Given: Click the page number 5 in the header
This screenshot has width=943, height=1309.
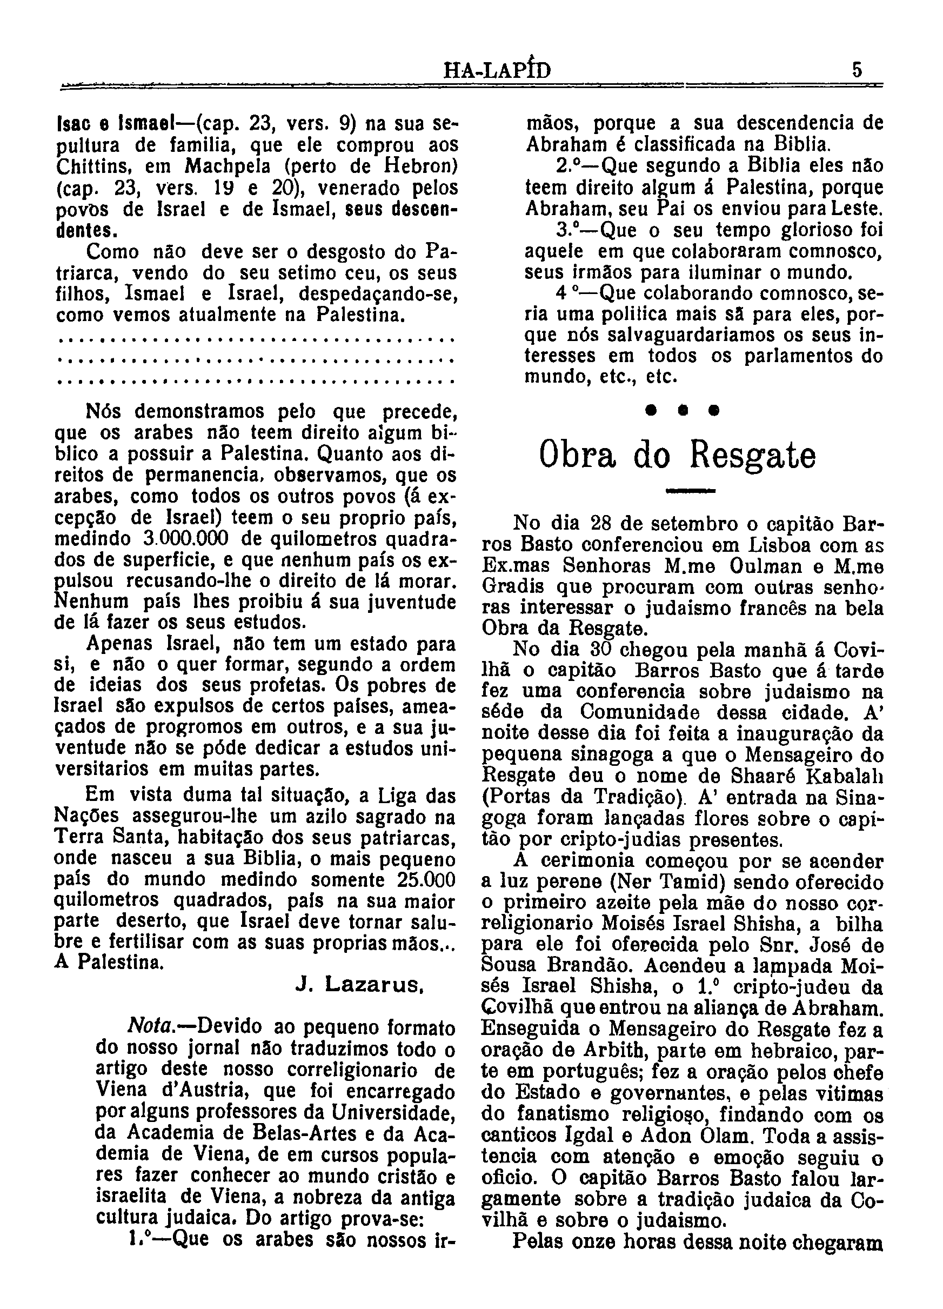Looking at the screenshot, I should click(x=857, y=70).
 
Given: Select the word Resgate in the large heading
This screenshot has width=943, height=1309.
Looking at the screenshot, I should click(x=753, y=457).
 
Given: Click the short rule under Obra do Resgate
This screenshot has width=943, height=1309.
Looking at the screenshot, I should click(x=690, y=491).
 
